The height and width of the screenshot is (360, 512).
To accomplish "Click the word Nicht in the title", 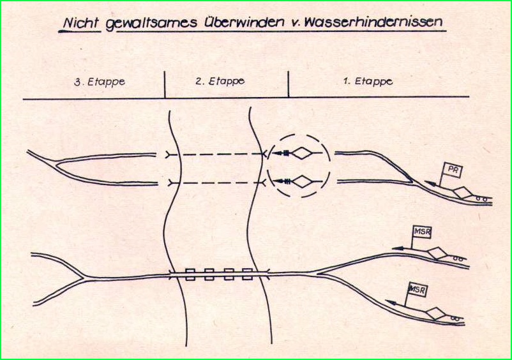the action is [81, 23].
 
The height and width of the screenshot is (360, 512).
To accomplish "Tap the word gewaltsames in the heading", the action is [151, 23].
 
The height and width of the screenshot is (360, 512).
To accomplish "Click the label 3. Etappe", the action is [99, 82].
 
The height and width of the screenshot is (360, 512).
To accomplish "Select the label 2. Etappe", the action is [220, 81].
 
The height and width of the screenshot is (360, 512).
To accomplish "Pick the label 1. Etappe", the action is [368, 81].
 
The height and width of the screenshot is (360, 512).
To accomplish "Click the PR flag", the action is [452, 170].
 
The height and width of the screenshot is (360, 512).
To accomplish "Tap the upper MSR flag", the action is [422, 232].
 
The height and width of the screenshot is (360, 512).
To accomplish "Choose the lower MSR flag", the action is [418, 290].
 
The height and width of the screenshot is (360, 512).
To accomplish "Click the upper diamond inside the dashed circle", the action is [303, 153].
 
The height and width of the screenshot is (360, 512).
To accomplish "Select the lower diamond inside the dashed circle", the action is [303, 181].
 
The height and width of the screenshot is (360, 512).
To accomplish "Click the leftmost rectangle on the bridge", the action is [190, 274].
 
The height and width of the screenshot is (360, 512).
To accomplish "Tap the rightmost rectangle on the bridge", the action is [248, 274].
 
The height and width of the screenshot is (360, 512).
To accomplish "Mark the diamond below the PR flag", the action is [462, 192].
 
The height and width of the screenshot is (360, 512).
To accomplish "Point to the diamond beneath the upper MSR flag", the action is [437, 253].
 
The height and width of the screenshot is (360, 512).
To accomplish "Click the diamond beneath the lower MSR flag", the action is [435, 313].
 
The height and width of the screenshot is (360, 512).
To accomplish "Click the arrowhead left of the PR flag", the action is [430, 183].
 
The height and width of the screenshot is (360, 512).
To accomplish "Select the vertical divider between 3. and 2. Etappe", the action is [165, 84].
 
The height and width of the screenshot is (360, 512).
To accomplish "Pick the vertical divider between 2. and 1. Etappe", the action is [289, 84].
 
